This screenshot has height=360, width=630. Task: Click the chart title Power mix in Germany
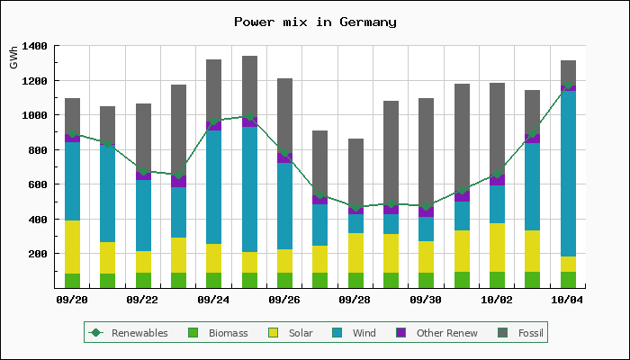[315, 22]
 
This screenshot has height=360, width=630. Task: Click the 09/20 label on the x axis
[72, 300]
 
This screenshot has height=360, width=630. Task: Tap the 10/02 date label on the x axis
[497, 300]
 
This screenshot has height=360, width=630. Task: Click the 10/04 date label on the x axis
[568, 300]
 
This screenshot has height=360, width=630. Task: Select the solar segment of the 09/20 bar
[72, 247]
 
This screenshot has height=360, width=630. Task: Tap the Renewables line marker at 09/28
[355, 207]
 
